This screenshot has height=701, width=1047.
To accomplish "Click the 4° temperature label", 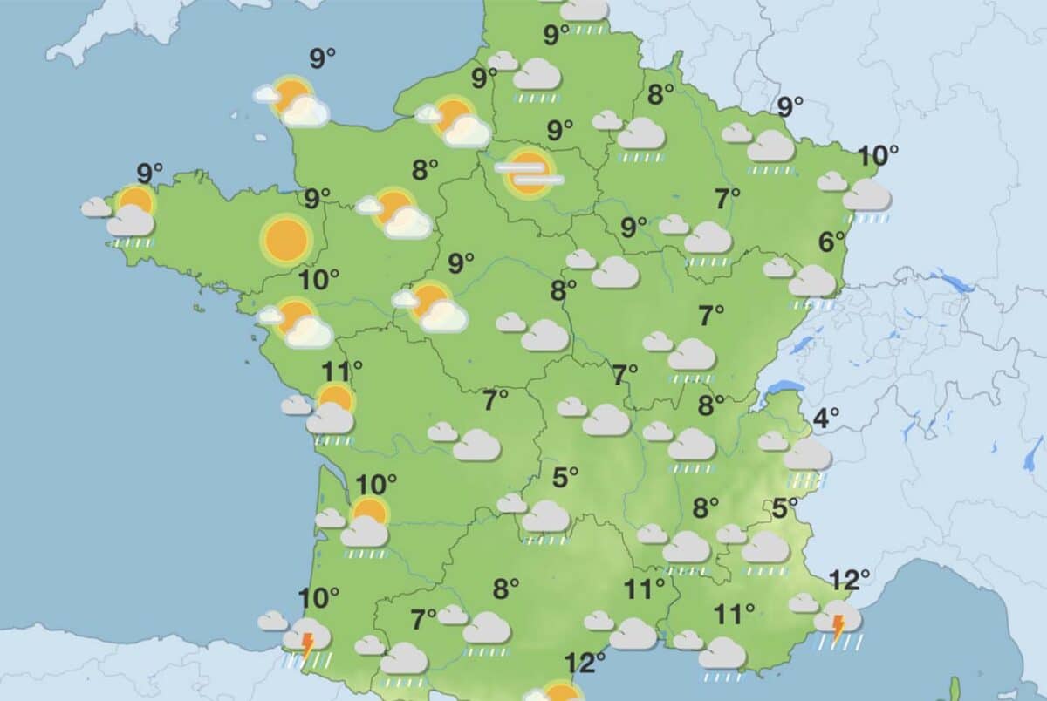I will [826, 419].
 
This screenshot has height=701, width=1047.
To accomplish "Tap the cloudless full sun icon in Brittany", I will [285, 239].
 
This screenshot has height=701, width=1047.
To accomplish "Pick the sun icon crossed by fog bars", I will [528, 171].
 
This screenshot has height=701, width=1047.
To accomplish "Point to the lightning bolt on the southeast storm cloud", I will [838, 627].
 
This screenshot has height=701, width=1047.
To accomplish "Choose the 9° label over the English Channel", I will [323, 59].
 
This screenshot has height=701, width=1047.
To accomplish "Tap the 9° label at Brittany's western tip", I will [151, 172].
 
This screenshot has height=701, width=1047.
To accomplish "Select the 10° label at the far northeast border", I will [878, 157].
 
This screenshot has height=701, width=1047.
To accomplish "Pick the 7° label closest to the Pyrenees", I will [424, 620].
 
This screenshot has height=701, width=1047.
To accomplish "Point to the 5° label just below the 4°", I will [785, 507].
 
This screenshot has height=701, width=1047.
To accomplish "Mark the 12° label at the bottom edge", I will [585, 663].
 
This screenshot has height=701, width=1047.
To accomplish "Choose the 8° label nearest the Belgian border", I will [660, 94].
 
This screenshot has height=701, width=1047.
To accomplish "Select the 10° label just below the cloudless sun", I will [318, 280].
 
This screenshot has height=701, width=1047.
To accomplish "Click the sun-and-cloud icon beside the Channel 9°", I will [293, 100].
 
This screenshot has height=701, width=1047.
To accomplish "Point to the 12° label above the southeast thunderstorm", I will [850, 579].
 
